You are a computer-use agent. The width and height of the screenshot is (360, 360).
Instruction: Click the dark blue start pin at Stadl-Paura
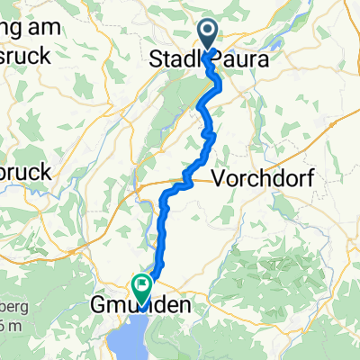[208, 35]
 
